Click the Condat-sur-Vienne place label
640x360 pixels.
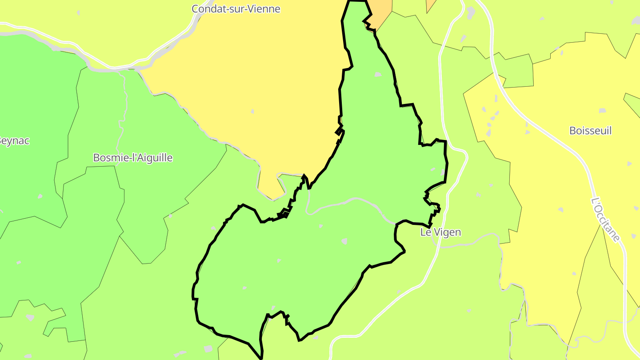(x=236, y=8)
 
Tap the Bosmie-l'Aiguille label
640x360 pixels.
(x=132, y=157)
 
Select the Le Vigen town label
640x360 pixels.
(x=440, y=232)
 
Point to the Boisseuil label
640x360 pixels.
(x=590, y=131)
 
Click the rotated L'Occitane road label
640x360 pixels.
(x=605, y=220)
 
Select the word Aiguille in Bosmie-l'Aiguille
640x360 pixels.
(x=153, y=157)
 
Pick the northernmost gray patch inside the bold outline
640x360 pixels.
(x=378, y=74)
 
